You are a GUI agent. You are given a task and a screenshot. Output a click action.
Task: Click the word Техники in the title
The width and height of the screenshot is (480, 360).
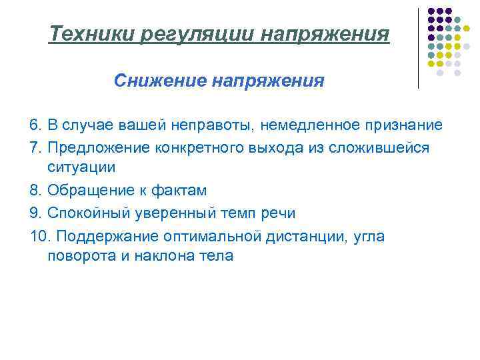[x=93, y=34]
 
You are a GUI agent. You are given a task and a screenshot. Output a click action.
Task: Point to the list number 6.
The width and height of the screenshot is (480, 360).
[x=35, y=125]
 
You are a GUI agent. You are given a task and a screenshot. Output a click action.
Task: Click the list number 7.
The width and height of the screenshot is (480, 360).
[x=35, y=147]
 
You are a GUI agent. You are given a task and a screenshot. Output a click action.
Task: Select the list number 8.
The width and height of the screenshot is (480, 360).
[x=35, y=191]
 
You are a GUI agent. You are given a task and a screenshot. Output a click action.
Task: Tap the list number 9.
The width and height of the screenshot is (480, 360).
[x=35, y=213]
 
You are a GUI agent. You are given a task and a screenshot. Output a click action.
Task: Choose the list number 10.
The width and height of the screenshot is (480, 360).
[x=39, y=235]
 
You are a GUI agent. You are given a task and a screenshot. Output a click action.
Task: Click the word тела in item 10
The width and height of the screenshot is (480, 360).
[x=217, y=257]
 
